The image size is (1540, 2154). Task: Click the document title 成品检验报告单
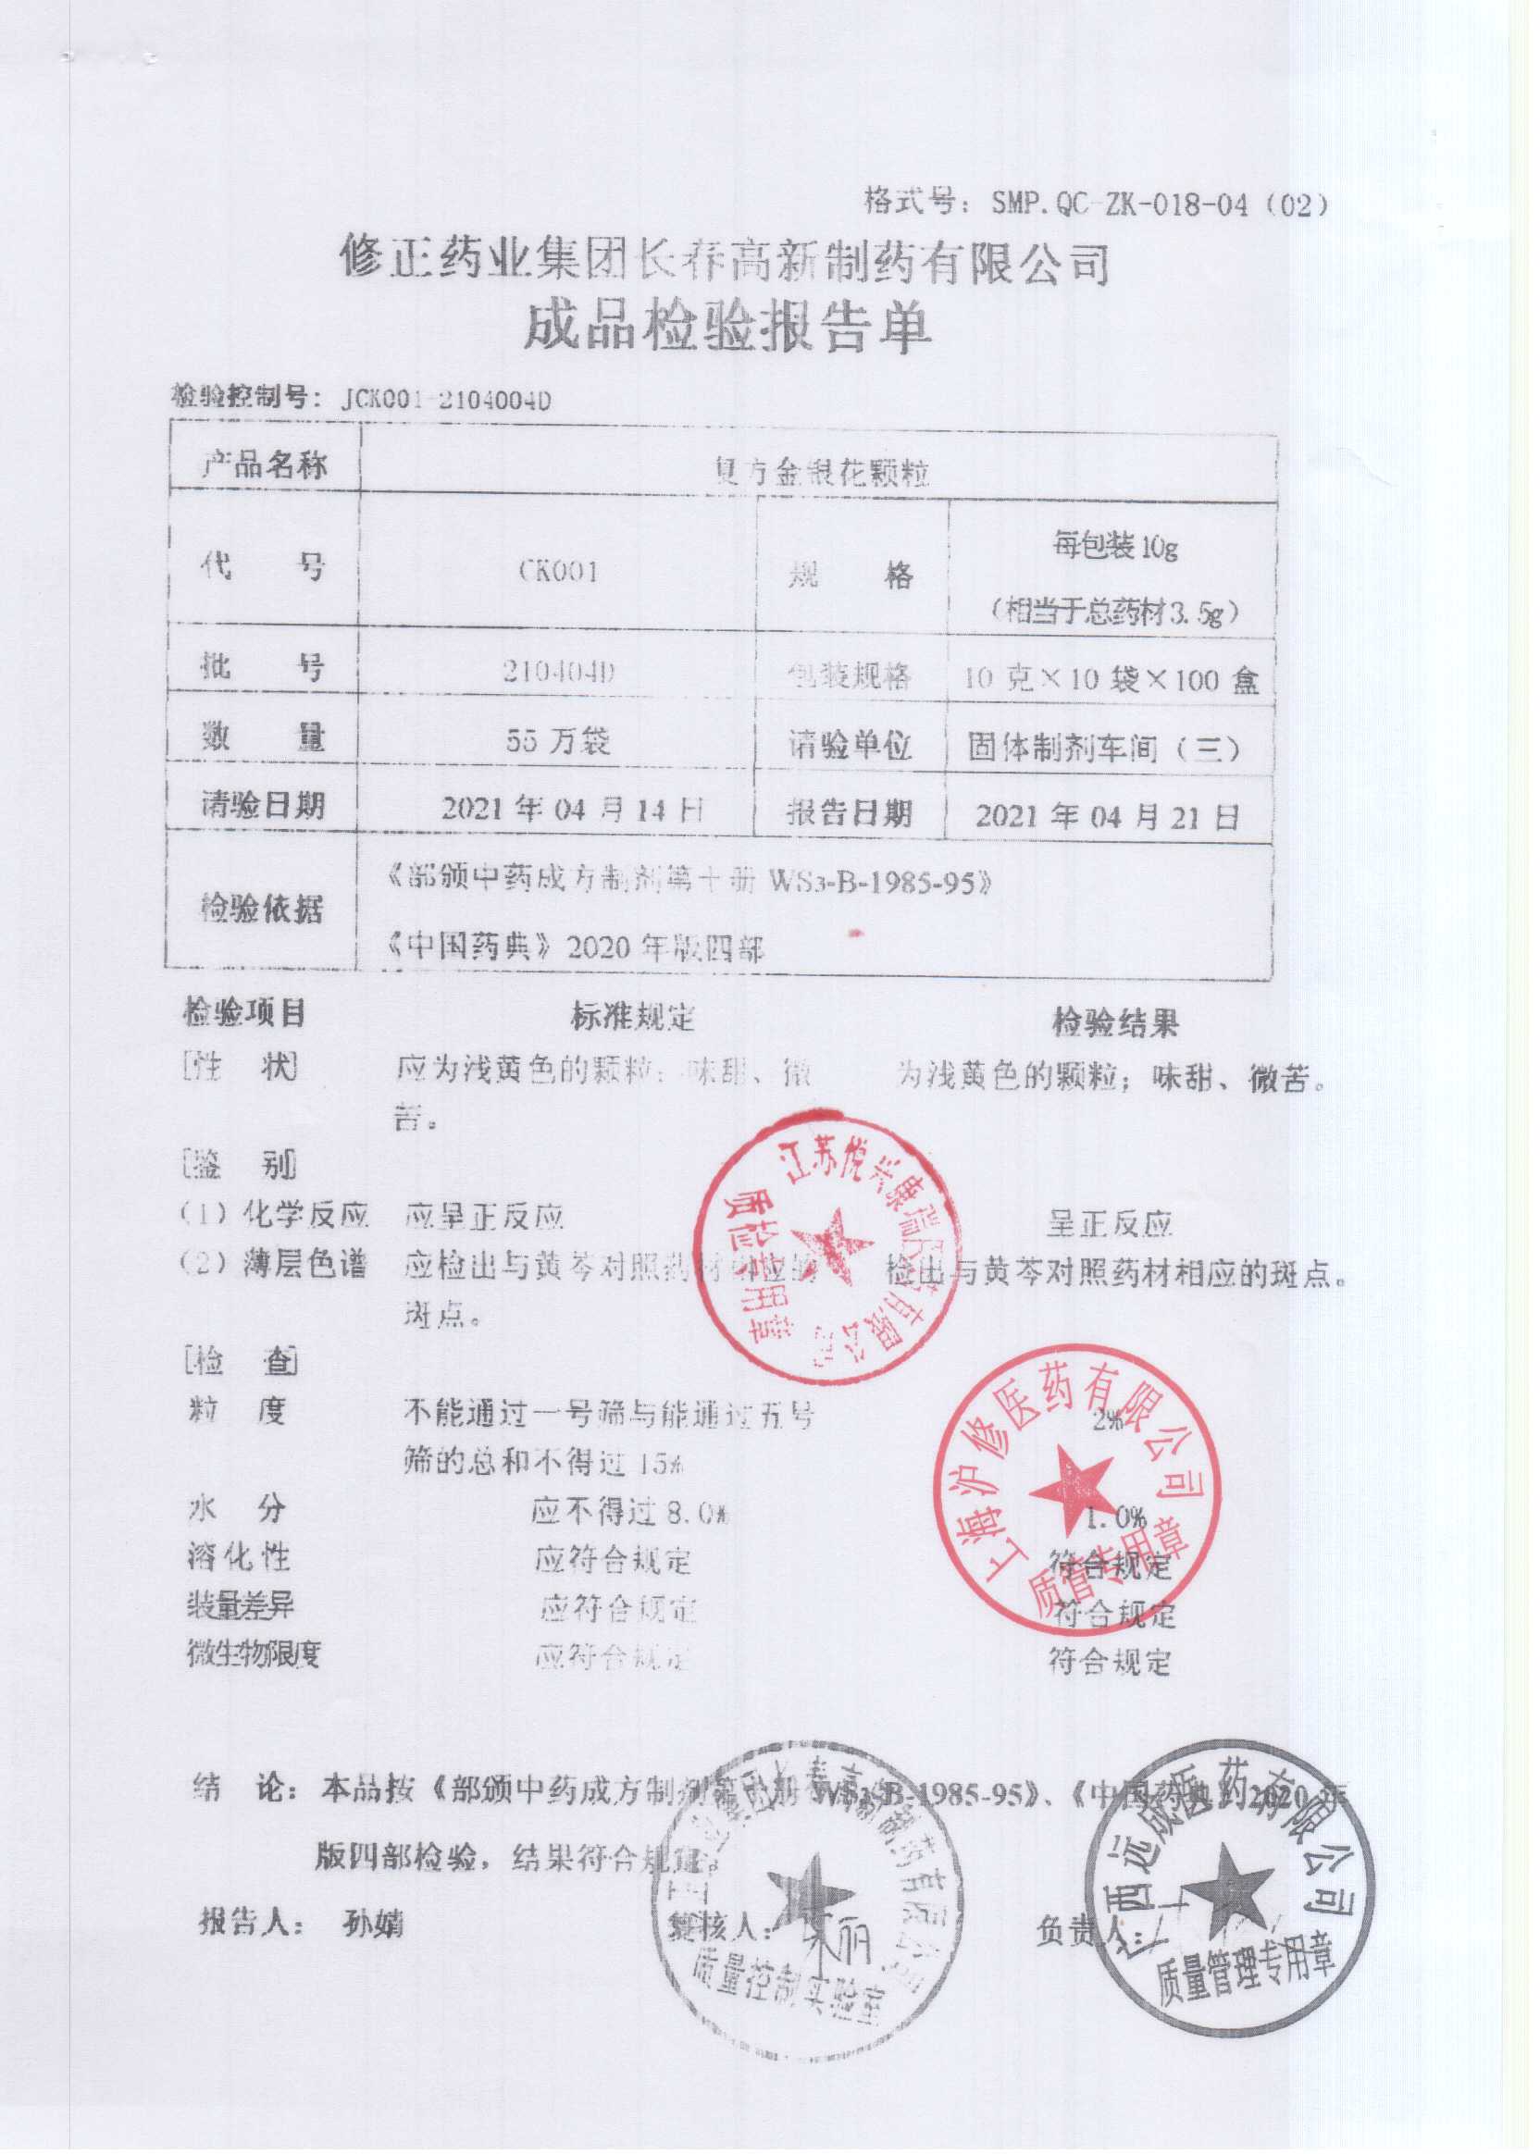pos(727,329)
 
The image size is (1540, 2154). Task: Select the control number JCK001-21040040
pos(445,400)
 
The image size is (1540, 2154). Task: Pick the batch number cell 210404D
pos(559,672)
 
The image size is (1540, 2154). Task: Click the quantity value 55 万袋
pos(557,739)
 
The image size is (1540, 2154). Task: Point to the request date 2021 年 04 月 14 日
pos(573,809)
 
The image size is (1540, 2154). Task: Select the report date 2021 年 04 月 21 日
pos(1107,816)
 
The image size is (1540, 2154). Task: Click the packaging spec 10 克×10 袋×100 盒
pos(1111,680)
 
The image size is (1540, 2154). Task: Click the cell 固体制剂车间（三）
pos(1104,749)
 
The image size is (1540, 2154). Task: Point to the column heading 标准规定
pos(632,1017)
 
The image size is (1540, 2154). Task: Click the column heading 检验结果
pos(1115,1023)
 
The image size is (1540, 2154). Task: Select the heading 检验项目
pos(243,1013)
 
